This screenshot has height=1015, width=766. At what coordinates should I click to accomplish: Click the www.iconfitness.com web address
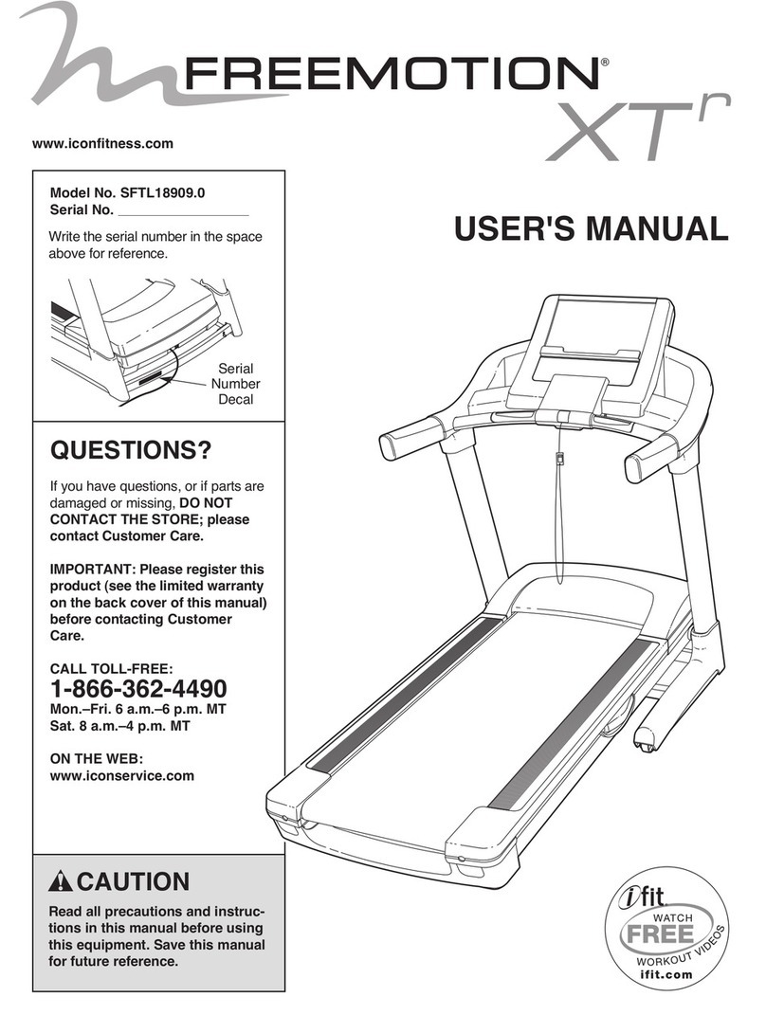102,144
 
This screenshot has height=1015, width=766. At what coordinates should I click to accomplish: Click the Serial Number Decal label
234,383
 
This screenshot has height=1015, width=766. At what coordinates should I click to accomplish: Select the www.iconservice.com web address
121,775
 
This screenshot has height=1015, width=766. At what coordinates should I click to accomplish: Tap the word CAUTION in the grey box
132,881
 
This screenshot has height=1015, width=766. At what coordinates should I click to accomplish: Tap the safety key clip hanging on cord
560,462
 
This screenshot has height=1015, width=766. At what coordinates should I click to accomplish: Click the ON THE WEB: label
94,757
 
